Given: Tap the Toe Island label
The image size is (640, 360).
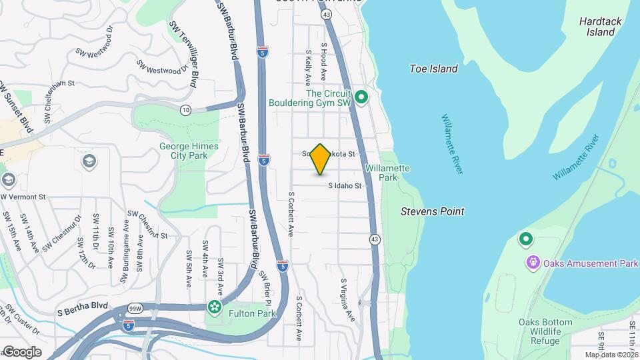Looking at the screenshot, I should (x=433, y=69).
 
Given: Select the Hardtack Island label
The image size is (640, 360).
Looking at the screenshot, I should (x=600, y=27).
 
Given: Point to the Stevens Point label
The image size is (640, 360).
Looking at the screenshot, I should (x=432, y=211).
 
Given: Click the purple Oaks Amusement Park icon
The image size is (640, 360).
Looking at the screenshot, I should (x=533, y=263).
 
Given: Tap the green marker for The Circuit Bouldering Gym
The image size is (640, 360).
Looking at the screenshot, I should (x=361, y=99).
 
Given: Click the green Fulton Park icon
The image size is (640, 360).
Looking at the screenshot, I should (x=215, y=307).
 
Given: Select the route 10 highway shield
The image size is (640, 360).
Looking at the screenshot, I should (x=185, y=110).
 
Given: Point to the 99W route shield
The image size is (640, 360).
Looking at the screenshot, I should (x=135, y=309).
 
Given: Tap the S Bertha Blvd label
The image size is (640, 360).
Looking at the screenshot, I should (x=83, y=309).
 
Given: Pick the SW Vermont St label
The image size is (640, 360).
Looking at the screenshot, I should (x=23, y=197).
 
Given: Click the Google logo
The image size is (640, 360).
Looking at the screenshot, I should (x=22, y=351).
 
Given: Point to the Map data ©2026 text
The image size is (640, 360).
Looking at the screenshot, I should (x=611, y=355).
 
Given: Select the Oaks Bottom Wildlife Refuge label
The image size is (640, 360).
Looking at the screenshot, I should (x=545, y=332).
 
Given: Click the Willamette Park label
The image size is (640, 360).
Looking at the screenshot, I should (x=387, y=173).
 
